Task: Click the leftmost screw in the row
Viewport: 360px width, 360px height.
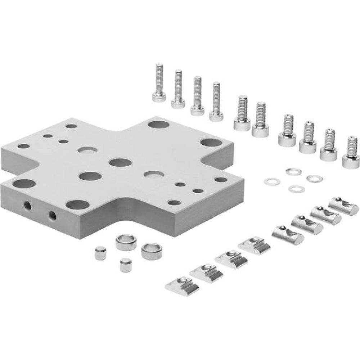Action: [159, 83]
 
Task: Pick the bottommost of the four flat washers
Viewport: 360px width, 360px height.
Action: [297, 189]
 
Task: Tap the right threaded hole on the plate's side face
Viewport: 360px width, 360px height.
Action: [52, 215]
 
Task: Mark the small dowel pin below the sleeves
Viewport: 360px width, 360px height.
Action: [125, 265]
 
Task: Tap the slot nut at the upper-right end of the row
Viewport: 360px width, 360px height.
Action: [343, 205]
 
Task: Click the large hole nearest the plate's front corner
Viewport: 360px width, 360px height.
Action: [77, 205]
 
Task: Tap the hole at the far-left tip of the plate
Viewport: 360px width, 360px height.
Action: [24, 147]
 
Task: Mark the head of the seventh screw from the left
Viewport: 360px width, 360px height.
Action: [287, 138]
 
